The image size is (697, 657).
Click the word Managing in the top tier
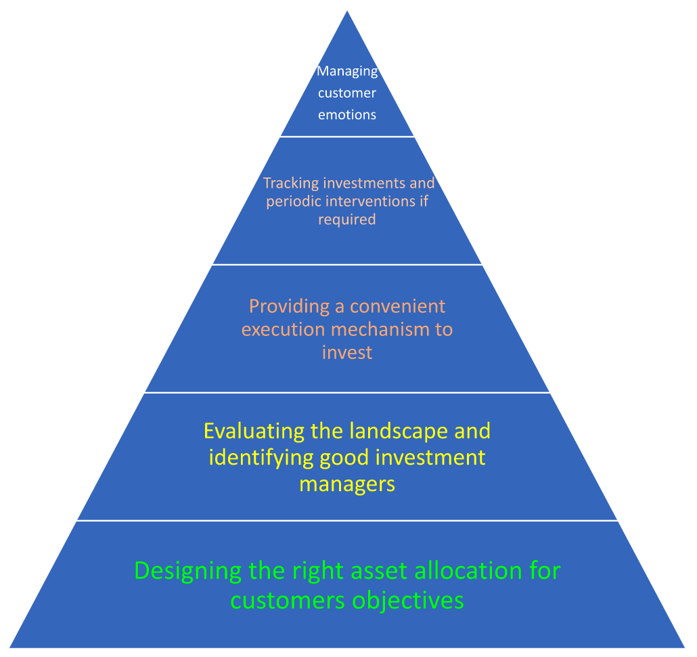(x=347, y=72)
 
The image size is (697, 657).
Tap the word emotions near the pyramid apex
(x=347, y=114)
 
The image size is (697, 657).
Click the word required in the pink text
(x=346, y=219)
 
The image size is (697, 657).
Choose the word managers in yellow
(x=347, y=484)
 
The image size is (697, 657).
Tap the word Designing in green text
(x=188, y=570)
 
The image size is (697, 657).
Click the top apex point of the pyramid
(x=347, y=12)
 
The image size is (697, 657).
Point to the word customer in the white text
(x=347, y=93)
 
